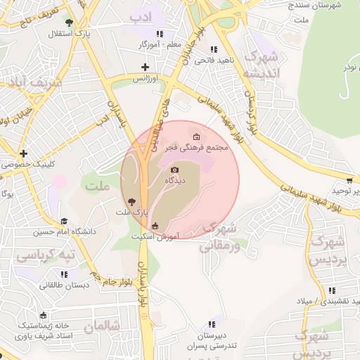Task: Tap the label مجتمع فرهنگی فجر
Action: point(195,148)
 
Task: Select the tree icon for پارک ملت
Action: point(131,201)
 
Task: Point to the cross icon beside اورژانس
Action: point(145,67)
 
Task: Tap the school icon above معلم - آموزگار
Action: point(160,33)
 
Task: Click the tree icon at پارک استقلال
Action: point(67,22)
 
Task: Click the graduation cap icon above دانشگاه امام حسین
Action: point(64,221)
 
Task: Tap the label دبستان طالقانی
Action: point(64,285)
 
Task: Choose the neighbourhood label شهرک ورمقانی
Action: point(224,237)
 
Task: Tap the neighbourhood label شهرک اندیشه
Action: point(261,64)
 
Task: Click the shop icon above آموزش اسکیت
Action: point(155,226)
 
